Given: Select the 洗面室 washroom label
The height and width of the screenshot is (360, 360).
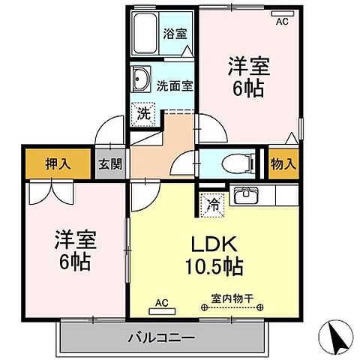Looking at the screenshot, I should (x=175, y=85).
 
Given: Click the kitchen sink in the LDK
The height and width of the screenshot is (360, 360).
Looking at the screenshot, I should (x=245, y=197).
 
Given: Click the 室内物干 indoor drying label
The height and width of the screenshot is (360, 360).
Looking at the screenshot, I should (x=231, y=298).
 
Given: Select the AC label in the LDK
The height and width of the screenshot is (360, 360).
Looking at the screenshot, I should (x=161, y=303).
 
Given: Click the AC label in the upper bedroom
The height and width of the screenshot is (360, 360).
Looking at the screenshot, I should (x=282, y=22).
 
